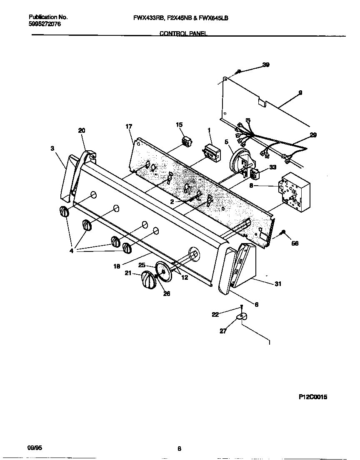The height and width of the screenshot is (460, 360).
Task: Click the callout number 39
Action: point(266,65)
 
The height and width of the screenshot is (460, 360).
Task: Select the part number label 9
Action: point(300,92)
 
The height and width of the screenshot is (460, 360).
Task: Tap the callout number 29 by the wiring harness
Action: point(313,135)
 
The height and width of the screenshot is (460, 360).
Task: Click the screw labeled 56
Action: point(283,232)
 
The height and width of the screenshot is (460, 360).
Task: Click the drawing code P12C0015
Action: point(313,397)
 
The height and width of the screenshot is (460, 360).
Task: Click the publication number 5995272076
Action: point(45,25)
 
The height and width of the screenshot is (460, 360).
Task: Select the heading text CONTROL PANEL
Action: point(183,34)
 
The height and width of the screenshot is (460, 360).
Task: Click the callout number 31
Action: point(278,284)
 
